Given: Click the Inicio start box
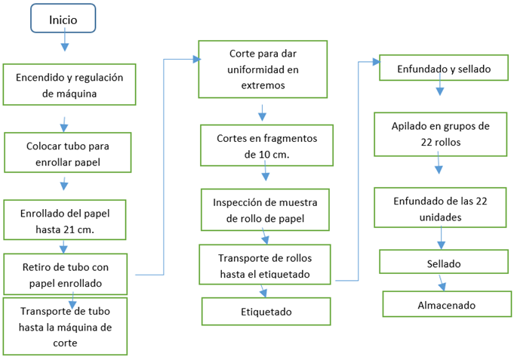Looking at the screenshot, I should coord(63,19).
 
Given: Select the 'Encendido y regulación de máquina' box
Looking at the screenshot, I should coord(64,85).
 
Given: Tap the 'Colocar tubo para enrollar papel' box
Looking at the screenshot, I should coord(67,152).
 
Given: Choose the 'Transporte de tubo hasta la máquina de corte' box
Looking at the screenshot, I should coord(66,326).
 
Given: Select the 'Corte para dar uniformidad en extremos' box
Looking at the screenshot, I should coord(263,69).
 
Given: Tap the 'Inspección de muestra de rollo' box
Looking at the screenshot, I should coord(265,210).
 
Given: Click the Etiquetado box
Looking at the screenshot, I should coord(266,311).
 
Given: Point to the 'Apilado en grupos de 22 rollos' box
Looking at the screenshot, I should coord(442,134).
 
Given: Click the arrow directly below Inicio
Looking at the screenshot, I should coord(64,42).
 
